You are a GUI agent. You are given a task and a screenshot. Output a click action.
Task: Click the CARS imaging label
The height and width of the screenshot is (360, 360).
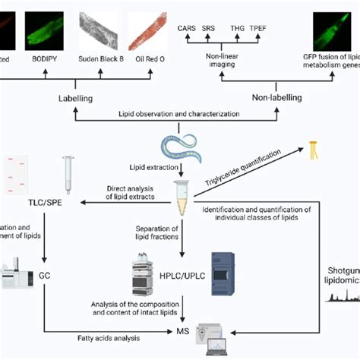[186, 28]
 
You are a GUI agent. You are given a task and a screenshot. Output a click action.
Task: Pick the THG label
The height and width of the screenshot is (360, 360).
[236, 28]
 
